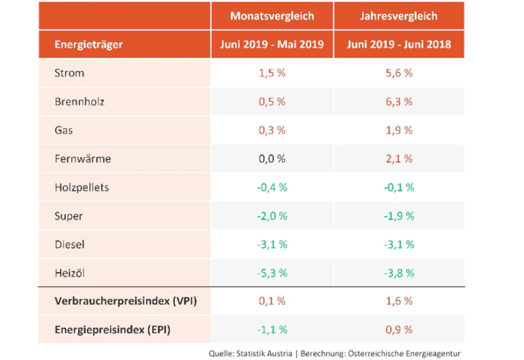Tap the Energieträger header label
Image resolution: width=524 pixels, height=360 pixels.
90,46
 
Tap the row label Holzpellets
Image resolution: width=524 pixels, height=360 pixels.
81,187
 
